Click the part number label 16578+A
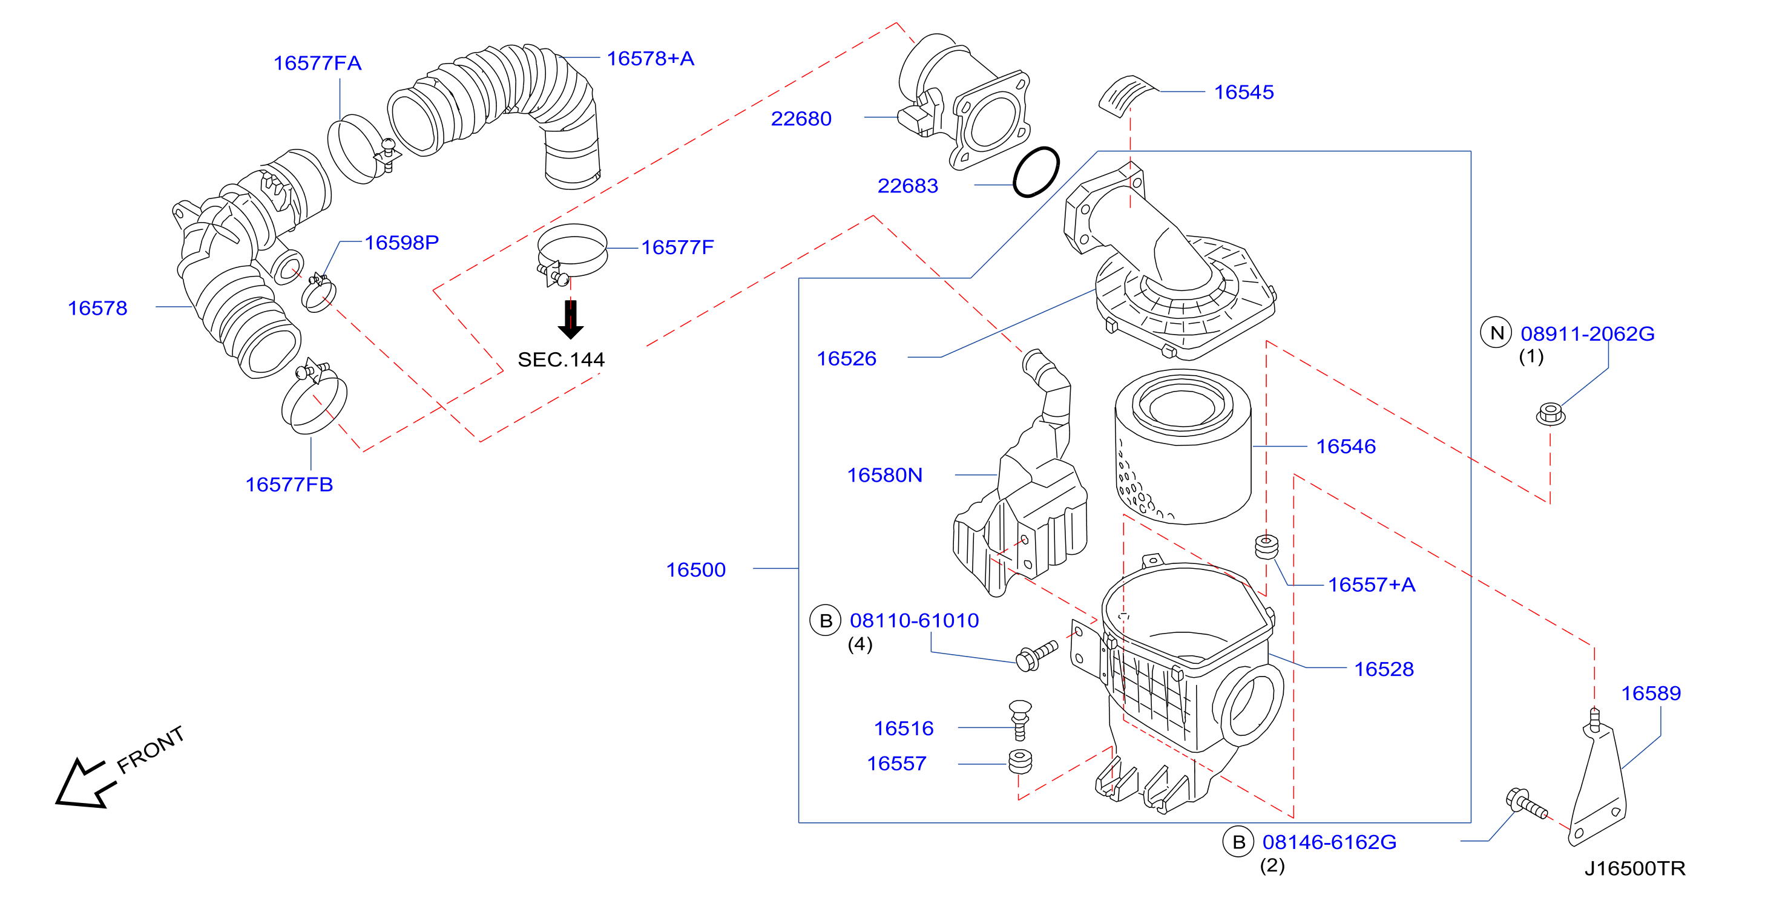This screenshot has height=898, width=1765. coord(650,59)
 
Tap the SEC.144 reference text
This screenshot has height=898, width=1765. coord(561,359)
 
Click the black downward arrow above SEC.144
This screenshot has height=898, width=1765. coord(570,319)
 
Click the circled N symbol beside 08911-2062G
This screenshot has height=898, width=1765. coord(1496,333)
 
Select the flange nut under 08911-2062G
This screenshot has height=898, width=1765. coord(1550,415)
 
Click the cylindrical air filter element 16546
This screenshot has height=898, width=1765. coord(1183,447)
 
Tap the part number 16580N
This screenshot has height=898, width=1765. coord(884,476)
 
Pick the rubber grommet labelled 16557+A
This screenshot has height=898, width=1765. coord(1266,546)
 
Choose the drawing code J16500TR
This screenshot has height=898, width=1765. coord(1635,868)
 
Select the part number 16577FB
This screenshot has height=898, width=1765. coord(289,485)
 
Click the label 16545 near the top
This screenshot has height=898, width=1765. coord(1244,93)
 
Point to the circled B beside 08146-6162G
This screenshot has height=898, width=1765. coord(1239,842)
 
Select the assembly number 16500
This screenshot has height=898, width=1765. coord(695,570)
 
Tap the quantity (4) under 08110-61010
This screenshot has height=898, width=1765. coord(860,644)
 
